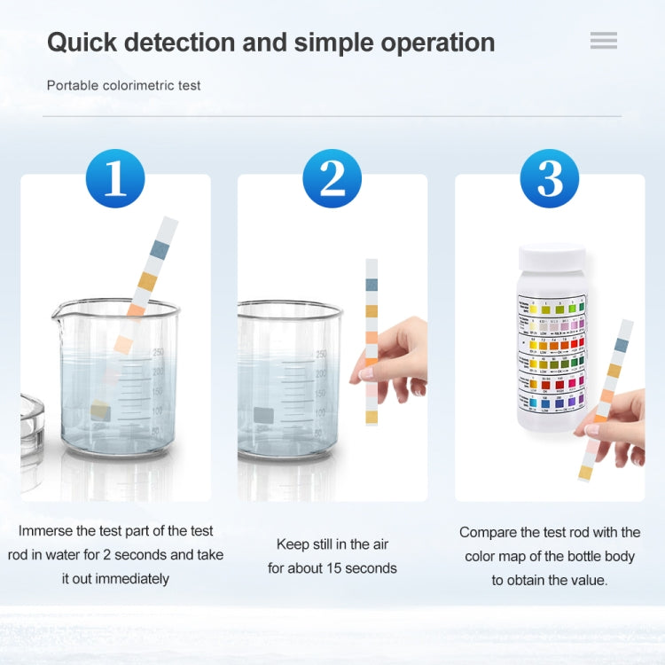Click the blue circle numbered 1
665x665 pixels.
point(115,178)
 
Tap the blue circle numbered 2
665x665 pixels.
point(332,178)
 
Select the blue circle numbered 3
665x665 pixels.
point(550,178)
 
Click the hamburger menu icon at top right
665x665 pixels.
point(604,41)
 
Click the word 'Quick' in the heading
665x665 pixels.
point(84,42)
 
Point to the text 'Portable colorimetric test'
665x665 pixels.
point(124,86)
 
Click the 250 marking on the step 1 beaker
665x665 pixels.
point(158,352)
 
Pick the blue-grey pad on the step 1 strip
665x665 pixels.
point(160,251)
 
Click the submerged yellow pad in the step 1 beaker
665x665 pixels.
point(99,410)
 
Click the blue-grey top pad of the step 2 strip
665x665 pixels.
point(372,285)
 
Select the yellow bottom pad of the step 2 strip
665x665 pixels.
point(372,417)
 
